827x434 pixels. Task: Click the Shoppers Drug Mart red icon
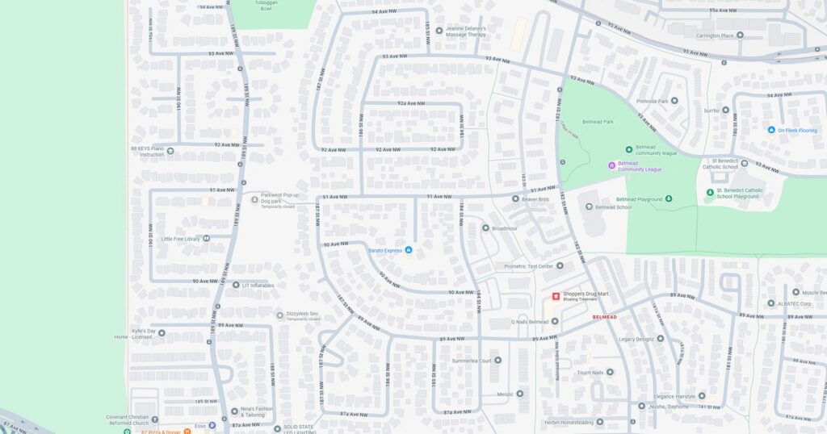556,296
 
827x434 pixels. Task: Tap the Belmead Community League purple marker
611,165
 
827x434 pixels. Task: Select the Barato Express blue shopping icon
408,250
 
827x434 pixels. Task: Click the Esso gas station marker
212,425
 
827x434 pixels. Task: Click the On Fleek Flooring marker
771,130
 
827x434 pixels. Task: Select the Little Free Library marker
207,239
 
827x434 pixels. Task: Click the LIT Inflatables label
258,285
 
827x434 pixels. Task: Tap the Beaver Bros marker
516,198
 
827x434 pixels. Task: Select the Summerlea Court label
472,360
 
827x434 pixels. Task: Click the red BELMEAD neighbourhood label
605,317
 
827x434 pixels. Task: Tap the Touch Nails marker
610,373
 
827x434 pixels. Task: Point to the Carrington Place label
720,35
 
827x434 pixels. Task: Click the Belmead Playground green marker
668,199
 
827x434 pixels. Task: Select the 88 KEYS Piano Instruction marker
170,151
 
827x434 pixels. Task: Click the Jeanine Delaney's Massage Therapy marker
439,31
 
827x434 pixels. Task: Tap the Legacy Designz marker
660,339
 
